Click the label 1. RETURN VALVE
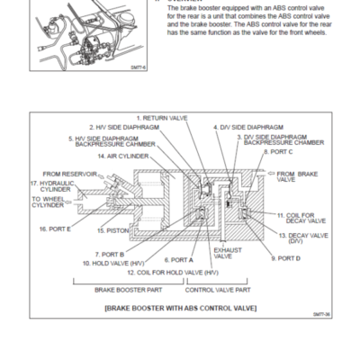point(166,119)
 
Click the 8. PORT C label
point(277,152)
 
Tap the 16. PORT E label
point(54,229)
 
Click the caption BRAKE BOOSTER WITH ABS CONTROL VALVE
point(181,308)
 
